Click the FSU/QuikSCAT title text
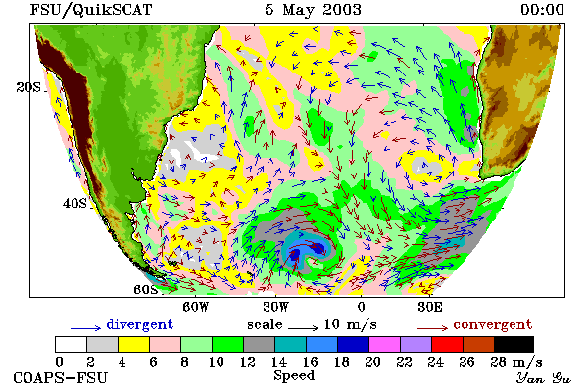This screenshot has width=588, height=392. click(91, 10)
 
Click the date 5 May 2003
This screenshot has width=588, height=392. click(314, 10)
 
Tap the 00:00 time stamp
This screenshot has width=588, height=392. click(542, 10)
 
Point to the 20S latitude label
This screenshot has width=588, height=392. click(28, 87)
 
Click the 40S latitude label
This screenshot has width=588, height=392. click(74, 203)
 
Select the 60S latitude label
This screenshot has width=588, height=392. click(146, 290)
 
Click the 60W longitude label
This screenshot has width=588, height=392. click(195, 307)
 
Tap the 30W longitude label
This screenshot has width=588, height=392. click(275, 307)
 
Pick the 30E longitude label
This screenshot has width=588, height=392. click(430, 307)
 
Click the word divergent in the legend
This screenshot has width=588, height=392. click(140, 324)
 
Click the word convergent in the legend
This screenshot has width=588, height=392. click(493, 324)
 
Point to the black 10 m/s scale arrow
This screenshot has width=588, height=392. click(304, 328)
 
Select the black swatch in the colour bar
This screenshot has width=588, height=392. click(514, 344)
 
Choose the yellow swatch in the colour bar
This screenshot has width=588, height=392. click(134, 344)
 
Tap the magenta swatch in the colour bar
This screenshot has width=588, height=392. click(385, 344)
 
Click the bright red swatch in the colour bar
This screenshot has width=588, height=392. click(448, 344)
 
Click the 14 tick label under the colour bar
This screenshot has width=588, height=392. click(278, 362)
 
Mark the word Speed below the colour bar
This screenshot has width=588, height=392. click(294, 376)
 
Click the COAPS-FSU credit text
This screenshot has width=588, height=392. click(61, 378)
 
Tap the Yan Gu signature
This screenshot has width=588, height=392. click(544, 378)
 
